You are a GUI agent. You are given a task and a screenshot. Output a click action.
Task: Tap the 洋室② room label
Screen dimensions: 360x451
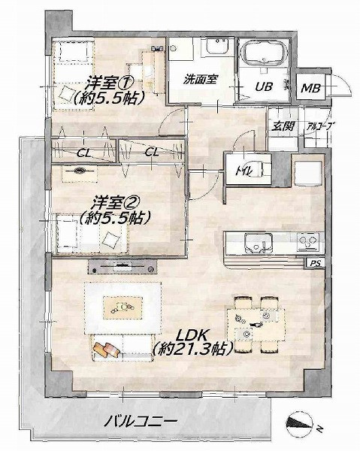tap(114, 204)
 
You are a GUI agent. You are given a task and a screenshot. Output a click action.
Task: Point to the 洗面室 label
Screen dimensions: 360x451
tap(201, 79)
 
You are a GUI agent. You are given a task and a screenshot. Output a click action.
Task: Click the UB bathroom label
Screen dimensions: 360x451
tap(264, 86)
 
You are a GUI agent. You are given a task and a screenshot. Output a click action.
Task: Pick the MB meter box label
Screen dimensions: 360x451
tap(311, 88)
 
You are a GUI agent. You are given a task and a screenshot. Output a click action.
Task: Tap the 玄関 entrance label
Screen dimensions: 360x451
tap(283, 126)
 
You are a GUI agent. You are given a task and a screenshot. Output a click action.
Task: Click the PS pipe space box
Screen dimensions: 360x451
tap(316, 263)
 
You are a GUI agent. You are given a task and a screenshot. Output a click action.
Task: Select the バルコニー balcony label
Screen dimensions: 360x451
tap(140, 422)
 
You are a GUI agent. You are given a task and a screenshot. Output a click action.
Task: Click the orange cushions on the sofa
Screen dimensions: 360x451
tap(107, 350)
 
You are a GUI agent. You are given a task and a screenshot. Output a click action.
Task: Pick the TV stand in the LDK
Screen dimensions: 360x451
tap(123, 267)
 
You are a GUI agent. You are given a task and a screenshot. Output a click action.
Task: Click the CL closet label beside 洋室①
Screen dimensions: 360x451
tap(84, 153)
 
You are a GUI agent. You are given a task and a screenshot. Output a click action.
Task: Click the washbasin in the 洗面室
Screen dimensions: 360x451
tap(217, 46)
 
